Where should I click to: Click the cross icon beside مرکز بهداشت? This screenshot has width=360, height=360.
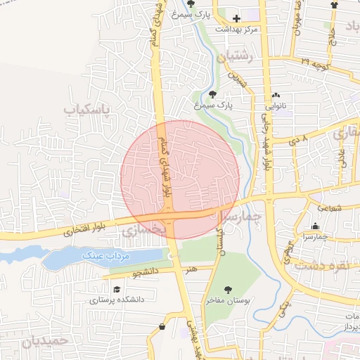(x=236, y=18)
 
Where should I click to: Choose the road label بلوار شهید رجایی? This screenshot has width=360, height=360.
(x=267, y=150)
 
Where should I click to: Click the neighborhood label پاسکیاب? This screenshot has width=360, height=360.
(x=87, y=110)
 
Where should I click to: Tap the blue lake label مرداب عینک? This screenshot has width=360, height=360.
(x=106, y=255)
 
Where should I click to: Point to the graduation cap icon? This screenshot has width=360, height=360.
(x=115, y=288)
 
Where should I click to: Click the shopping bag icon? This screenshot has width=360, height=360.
(x=163, y=326)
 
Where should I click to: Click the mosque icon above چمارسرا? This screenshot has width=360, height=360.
(x=315, y=226)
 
